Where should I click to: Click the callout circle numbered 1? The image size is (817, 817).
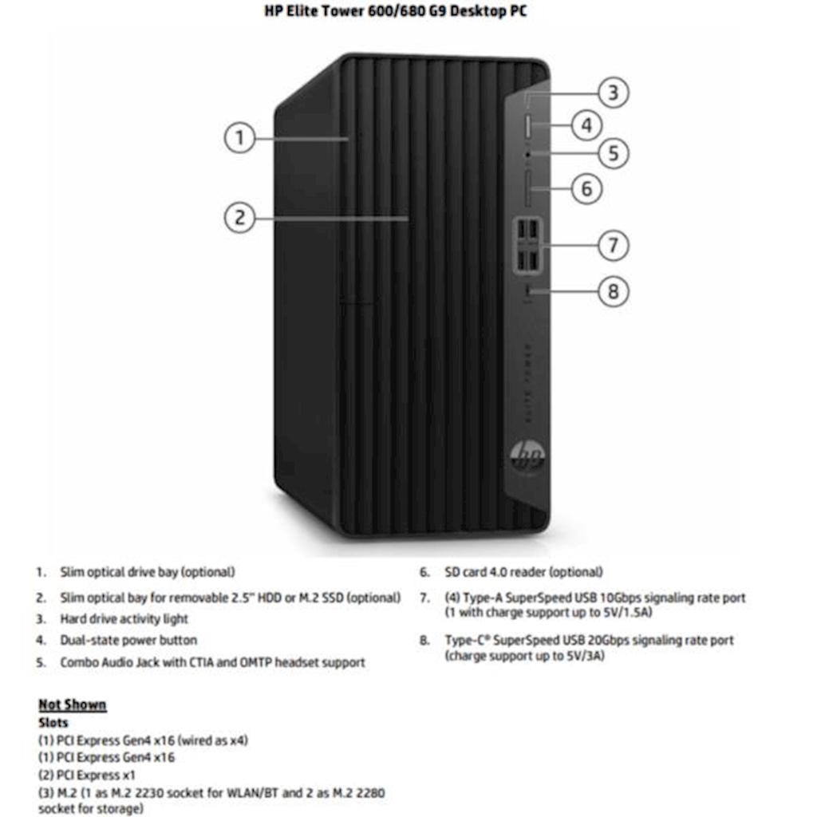239,138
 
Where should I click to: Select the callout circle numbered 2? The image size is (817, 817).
239,217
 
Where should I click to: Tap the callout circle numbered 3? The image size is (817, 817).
613,93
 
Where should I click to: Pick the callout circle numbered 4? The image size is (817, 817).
586,124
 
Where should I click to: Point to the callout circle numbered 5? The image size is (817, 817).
613,152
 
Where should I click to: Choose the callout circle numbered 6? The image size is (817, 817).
586,188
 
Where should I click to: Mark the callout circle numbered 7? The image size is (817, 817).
613,244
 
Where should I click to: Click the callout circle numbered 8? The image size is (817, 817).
613,291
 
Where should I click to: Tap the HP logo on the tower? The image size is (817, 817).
527,457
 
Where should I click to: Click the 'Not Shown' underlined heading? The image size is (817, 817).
72,705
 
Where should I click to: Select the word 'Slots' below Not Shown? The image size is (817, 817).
53,723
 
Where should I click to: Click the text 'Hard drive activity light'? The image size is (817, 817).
124,619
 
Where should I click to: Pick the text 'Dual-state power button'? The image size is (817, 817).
128,640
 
